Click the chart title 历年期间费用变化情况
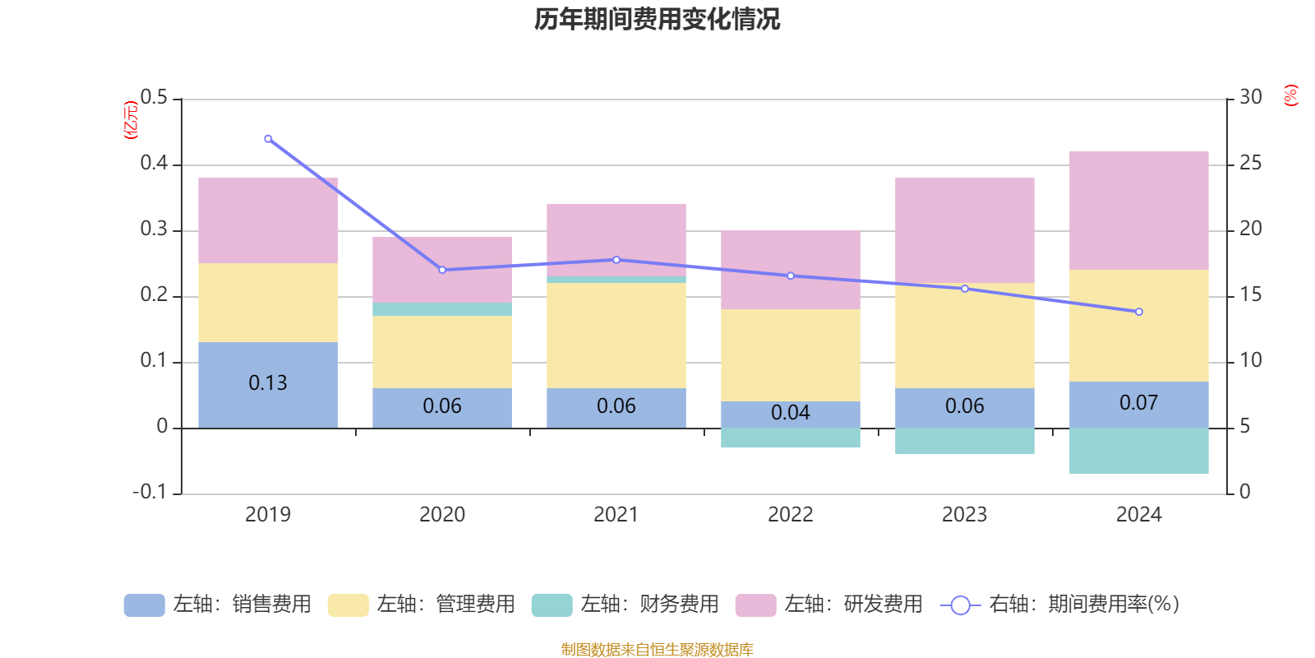(657, 19)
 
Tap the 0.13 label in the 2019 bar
(268, 383)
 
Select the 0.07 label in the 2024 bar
(1138, 403)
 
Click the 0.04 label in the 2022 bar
(791, 413)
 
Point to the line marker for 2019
(268, 139)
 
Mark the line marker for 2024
(1138, 312)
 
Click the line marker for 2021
(616, 260)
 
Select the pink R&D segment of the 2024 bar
(1138, 211)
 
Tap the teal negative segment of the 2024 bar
(1138, 451)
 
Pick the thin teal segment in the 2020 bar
(442, 309)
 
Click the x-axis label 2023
(964, 515)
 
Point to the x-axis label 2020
(442, 515)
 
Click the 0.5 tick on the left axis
(154, 98)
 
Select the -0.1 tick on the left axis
(150, 492)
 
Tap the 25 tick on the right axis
(1250, 164)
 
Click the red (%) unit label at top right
(1290, 95)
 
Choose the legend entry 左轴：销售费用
(218, 605)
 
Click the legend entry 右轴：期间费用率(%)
(1060, 605)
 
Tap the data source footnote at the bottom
(657, 650)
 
